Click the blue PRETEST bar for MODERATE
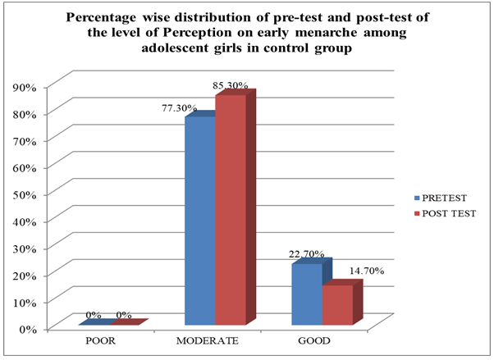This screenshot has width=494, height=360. click(x=200, y=221)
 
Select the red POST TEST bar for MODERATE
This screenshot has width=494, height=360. click(x=230, y=213)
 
